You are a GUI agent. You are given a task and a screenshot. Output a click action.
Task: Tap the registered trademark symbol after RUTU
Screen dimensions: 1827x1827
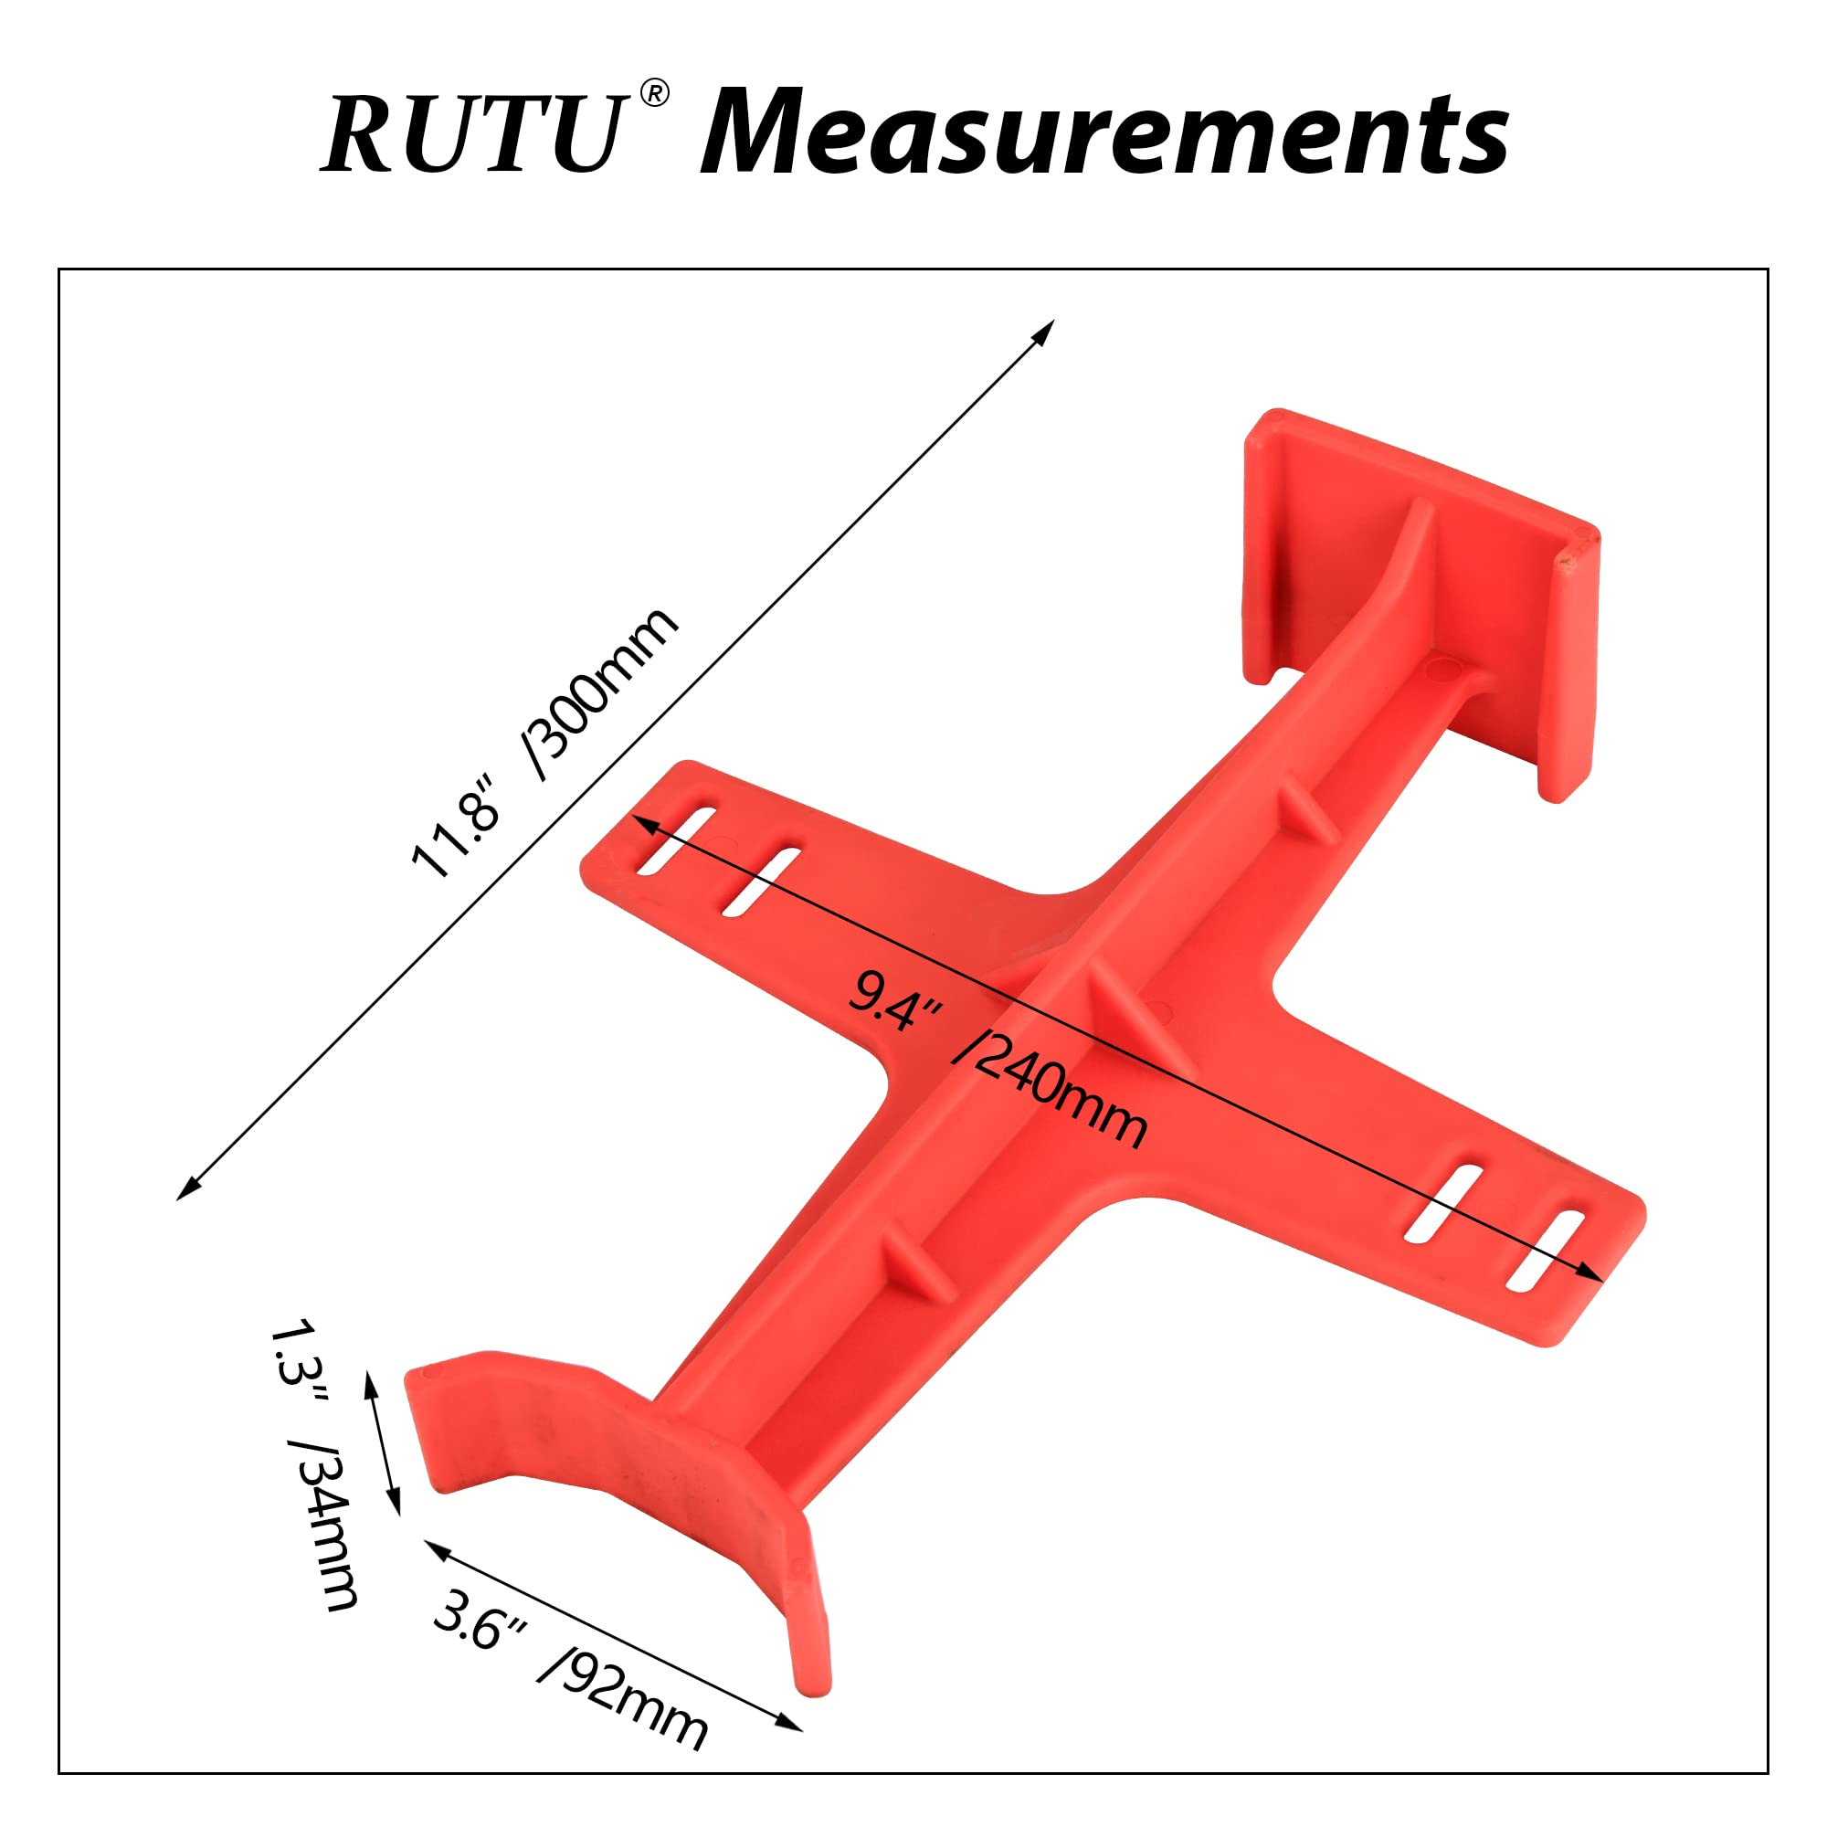point(653,93)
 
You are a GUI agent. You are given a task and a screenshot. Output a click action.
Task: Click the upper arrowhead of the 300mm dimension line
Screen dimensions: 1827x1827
point(1047,328)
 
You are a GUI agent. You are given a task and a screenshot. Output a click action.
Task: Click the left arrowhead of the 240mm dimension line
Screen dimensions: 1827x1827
point(642,822)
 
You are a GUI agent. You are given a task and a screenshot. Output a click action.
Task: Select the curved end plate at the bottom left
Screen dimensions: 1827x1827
point(606,1475)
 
